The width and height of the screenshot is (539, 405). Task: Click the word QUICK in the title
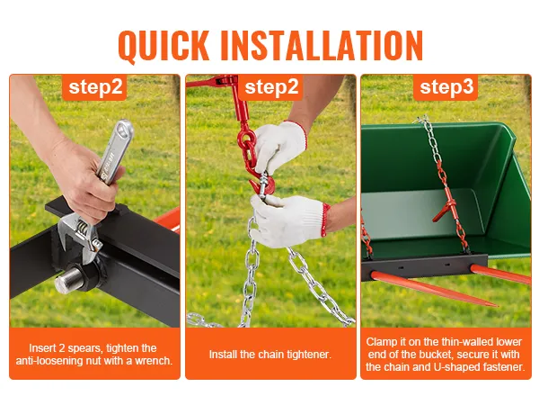coord(163,46)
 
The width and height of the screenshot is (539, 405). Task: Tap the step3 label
coord(446,87)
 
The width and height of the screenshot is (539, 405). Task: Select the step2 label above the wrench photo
coord(95,87)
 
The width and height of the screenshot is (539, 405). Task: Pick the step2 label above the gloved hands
coord(271,87)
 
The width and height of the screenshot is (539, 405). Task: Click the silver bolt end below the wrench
coord(69,280)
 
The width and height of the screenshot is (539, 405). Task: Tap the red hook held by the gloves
coord(262,184)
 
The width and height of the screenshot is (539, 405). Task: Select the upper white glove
coord(280,145)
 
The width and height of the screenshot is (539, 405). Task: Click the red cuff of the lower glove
coord(325,220)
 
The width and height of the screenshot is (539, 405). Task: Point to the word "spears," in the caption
coord(85,348)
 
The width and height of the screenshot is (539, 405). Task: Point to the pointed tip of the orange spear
coord(496,305)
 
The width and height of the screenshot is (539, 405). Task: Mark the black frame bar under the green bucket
coord(424,267)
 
